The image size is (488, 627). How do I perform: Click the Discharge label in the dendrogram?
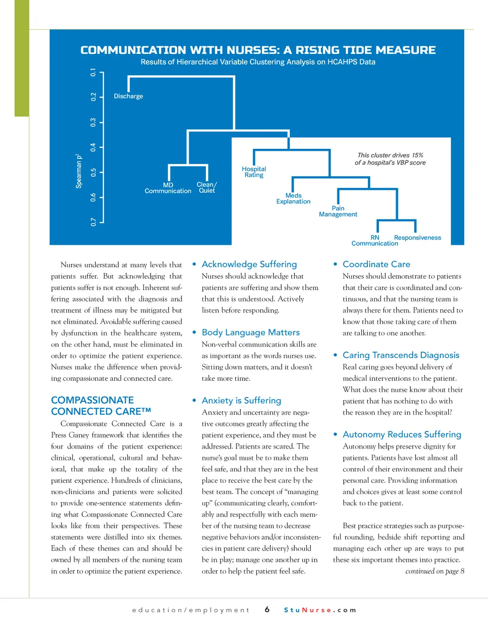point(128,96)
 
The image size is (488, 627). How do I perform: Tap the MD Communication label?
point(168,188)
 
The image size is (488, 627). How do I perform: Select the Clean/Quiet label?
point(207,187)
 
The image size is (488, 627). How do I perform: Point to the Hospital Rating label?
point(254,172)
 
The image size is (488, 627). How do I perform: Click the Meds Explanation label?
point(293,199)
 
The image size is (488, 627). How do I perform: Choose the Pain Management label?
point(338,211)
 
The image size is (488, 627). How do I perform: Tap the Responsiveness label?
point(417,238)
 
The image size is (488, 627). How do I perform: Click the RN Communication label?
point(375,240)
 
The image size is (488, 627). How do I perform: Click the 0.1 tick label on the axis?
point(93,73)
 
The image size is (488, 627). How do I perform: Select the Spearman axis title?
point(79,171)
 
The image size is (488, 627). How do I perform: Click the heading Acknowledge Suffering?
point(249,264)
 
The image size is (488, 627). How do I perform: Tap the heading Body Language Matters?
point(251,332)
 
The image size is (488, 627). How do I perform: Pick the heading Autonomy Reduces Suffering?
point(402,434)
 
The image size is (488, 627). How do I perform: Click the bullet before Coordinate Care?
point(335,264)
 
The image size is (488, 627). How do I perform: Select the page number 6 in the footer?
point(267,610)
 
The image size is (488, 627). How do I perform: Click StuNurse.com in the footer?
point(320,610)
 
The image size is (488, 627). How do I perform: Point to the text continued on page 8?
point(435,571)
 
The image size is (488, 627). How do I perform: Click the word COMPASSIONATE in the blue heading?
point(92,400)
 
